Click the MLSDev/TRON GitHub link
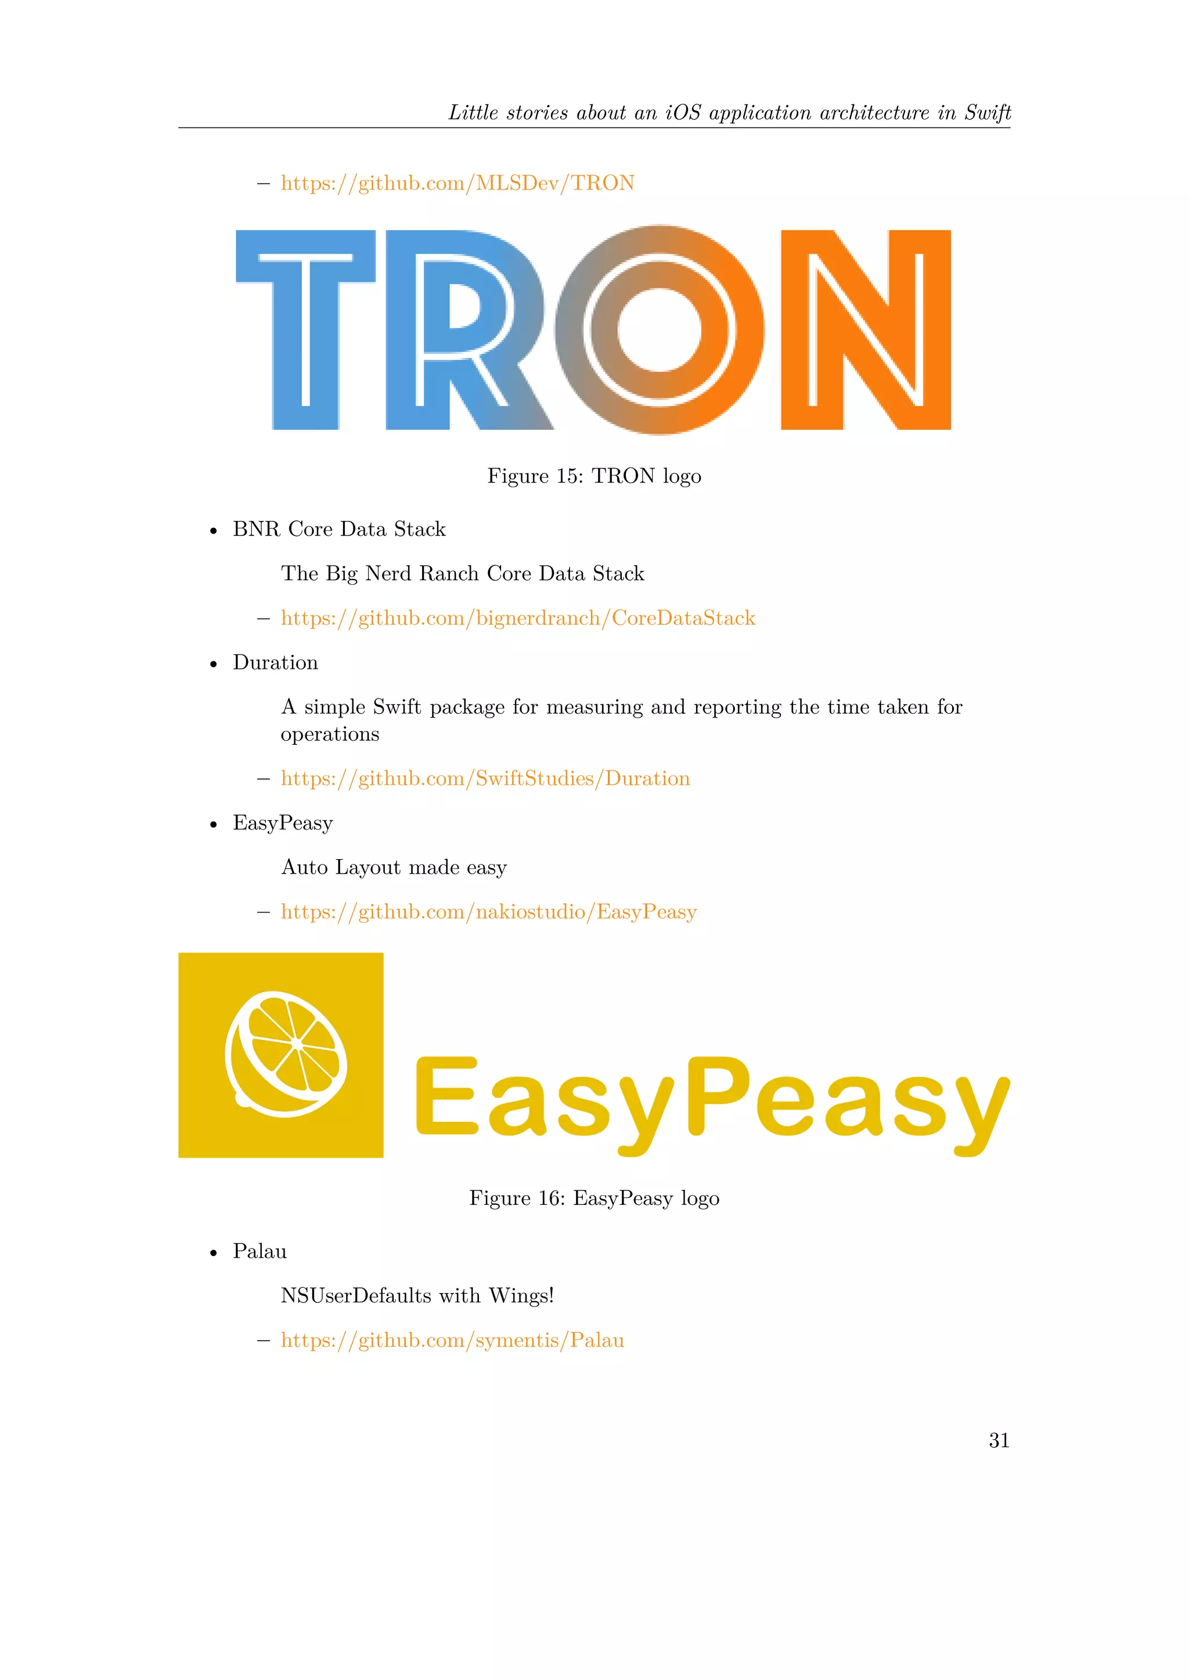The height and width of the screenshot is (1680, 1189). [457, 183]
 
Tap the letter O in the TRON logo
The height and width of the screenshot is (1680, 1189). [659, 330]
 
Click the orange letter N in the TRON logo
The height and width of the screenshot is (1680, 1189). [866, 330]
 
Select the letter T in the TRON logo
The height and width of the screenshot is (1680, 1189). [305, 330]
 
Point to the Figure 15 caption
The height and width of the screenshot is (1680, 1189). [594, 476]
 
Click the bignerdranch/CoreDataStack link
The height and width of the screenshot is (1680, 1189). [518, 618]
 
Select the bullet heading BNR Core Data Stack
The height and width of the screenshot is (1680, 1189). [339, 529]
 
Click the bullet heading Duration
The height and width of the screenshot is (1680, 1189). [275, 663]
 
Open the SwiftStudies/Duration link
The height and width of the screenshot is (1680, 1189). [485, 779]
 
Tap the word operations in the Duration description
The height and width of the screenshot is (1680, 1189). [330, 734]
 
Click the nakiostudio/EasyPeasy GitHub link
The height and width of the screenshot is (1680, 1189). [488, 913]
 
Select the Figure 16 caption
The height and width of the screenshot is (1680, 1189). [594, 1199]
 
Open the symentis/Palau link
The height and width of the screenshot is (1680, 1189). [452, 1341]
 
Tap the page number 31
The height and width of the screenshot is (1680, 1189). [999, 1441]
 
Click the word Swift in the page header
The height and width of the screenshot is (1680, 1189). [987, 113]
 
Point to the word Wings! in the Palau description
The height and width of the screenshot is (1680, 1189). [521, 1296]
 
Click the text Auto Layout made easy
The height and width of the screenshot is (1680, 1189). [394, 868]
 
